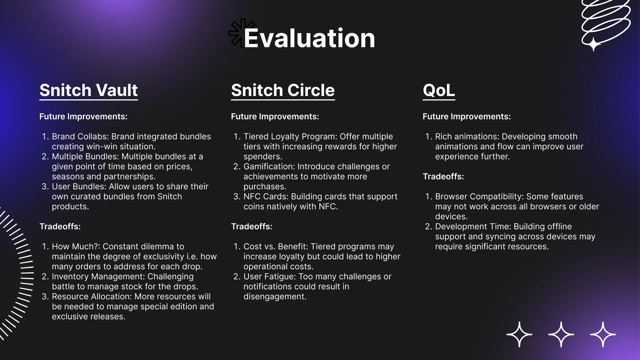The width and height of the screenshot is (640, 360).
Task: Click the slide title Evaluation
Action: tap(309, 38)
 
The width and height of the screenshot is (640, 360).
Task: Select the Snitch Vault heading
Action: tap(89, 90)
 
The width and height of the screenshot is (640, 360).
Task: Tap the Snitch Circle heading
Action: tap(283, 90)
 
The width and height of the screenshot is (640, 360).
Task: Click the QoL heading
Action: tap(439, 90)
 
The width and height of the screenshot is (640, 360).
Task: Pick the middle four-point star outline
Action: tap(561, 334)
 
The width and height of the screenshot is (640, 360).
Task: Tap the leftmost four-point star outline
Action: tap(519, 334)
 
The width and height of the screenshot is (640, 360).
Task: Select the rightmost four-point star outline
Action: tap(603, 334)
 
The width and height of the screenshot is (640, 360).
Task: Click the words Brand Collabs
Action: tap(80, 137)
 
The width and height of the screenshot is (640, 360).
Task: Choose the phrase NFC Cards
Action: tap(266, 197)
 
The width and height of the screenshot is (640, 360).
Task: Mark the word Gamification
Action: tap(269, 167)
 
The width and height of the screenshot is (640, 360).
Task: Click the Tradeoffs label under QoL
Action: tap(443, 176)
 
